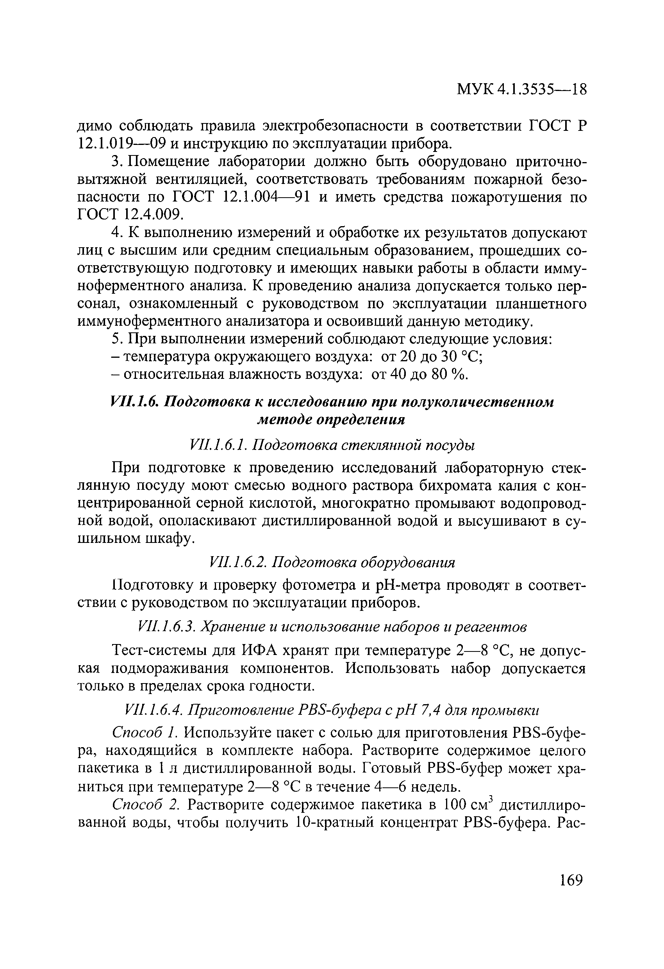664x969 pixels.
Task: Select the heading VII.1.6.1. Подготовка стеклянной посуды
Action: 332,445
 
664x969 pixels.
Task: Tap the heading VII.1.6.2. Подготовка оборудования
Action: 332,562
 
